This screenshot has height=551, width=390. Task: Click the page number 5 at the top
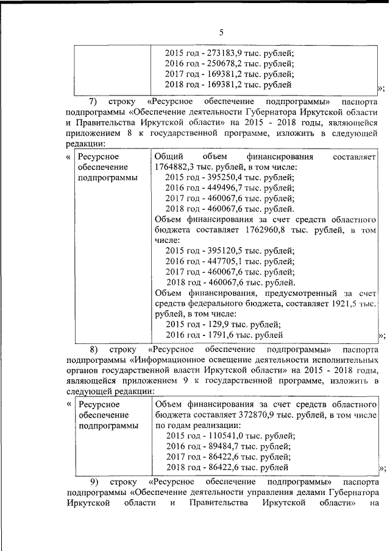click(222, 33)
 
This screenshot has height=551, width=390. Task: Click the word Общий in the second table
click(168, 156)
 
